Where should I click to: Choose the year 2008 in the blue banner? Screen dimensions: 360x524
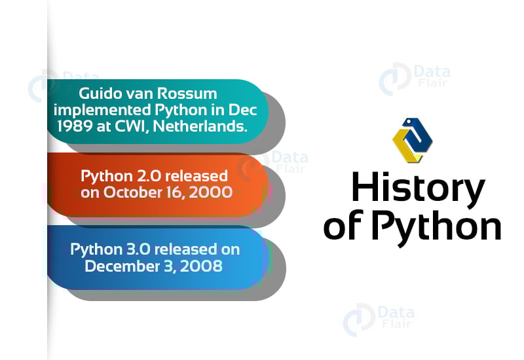click(205, 266)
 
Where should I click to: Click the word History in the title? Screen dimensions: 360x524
click(417, 188)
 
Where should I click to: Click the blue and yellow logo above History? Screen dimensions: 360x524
click(412, 140)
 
